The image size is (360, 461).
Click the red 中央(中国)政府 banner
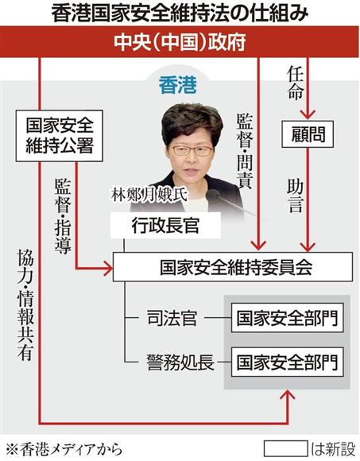180,42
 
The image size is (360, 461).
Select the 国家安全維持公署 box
60,136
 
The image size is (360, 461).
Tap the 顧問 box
308,134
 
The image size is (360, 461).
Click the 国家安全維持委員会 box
233,267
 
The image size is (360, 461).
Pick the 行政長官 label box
165,226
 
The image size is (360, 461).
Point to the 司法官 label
172,318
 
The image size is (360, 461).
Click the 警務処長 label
180,362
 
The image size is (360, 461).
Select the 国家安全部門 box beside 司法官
287,318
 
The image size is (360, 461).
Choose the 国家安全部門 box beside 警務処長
287,362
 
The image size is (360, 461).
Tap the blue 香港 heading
178,85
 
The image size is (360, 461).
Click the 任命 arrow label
296,83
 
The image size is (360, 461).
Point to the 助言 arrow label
295,196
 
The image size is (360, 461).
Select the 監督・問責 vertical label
245,151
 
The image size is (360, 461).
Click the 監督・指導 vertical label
63,216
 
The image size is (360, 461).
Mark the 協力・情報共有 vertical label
25,305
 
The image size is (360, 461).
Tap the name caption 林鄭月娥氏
149,195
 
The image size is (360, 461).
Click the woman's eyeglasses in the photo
192,151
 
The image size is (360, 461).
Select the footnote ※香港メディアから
64,449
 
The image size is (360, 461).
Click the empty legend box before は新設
285,449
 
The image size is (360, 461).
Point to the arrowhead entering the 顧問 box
308,114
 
